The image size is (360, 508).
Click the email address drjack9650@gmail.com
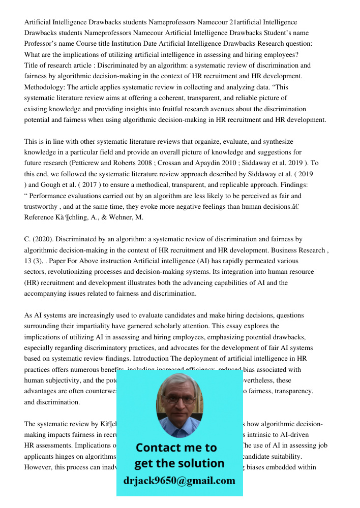click(179, 480)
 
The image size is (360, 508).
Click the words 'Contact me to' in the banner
click(176, 448)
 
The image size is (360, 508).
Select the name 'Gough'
click(48, 185)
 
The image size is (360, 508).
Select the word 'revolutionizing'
click(73, 272)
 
